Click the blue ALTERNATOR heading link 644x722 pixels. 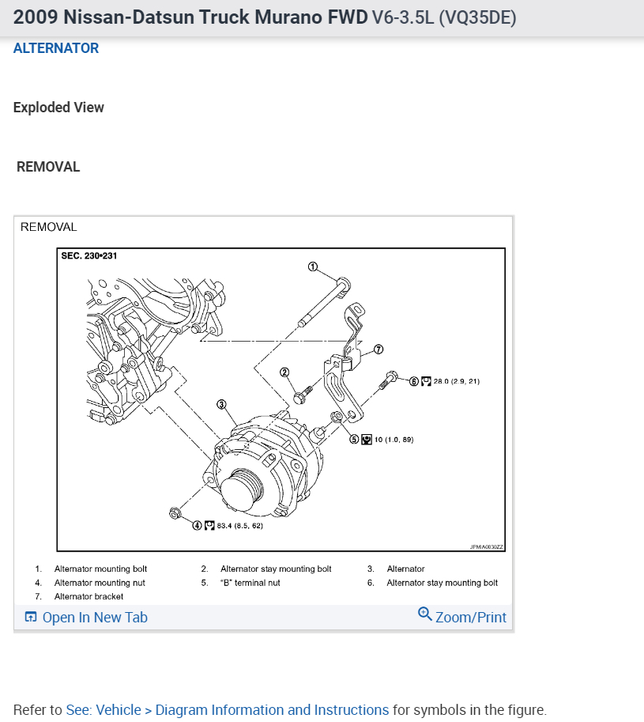[x=55, y=48]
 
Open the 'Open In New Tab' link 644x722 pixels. [x=86, y=617]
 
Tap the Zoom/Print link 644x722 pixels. [x=461, y=616]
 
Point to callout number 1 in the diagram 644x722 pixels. [x=313, y=266]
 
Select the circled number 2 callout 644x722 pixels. [x=284, y=372]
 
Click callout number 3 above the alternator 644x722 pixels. [x=222, y=404]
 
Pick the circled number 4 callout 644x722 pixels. [x=197, y=525]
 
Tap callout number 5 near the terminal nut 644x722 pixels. [x=354, y=439]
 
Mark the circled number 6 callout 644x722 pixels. [x=414, y=381]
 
